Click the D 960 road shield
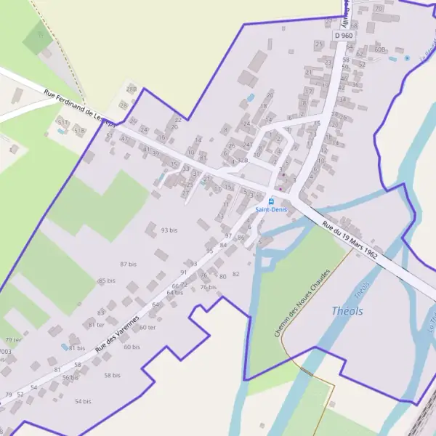[344, 35]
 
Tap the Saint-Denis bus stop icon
[271, 201]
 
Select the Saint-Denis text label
[271, 210]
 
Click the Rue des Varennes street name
[116, 335]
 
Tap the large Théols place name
[347, 311]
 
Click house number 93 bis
[169, 230]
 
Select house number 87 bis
[129, 264]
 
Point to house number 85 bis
[107, 280]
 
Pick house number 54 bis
[83, 401]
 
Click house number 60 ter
[148, 327]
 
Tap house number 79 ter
[13, 339]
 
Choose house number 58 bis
[112, 375]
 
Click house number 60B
[379, 49]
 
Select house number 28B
[132, 89]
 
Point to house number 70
[378, 8]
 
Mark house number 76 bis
[209, 287]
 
